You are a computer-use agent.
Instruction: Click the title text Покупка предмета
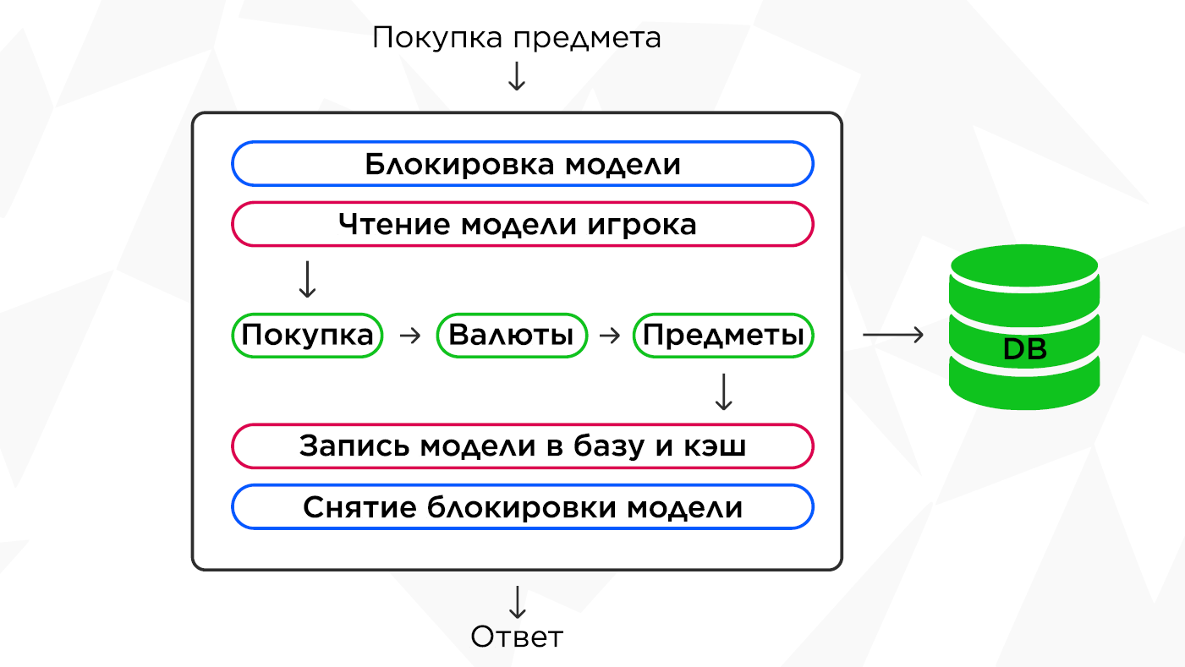tap(516, 38)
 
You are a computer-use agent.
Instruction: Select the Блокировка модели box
tap(523, 164)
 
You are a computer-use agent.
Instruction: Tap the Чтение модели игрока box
tap(523, 224)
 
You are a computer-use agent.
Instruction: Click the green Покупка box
tap(307, 336)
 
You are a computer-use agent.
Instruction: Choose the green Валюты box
tap(511, 336)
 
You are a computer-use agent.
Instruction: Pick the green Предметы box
tap(723, 336)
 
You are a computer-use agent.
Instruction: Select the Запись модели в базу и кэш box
tap(523, 446)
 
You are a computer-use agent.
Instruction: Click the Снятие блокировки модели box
tap(523, 507)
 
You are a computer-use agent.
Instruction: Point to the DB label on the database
tap(1024, 348)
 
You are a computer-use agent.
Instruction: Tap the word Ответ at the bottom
tap(516, 637)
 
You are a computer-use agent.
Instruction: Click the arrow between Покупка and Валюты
tap(409, 336)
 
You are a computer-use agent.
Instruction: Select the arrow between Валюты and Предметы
tap(610, 336)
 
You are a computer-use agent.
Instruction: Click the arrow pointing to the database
tap(893, 336)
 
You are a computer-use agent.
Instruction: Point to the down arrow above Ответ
tap(516, 601)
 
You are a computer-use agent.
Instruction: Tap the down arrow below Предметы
tap(723, 391)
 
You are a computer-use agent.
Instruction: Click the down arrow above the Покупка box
tap(307, 279)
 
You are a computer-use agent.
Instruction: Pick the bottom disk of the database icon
tap(1024, 385)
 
